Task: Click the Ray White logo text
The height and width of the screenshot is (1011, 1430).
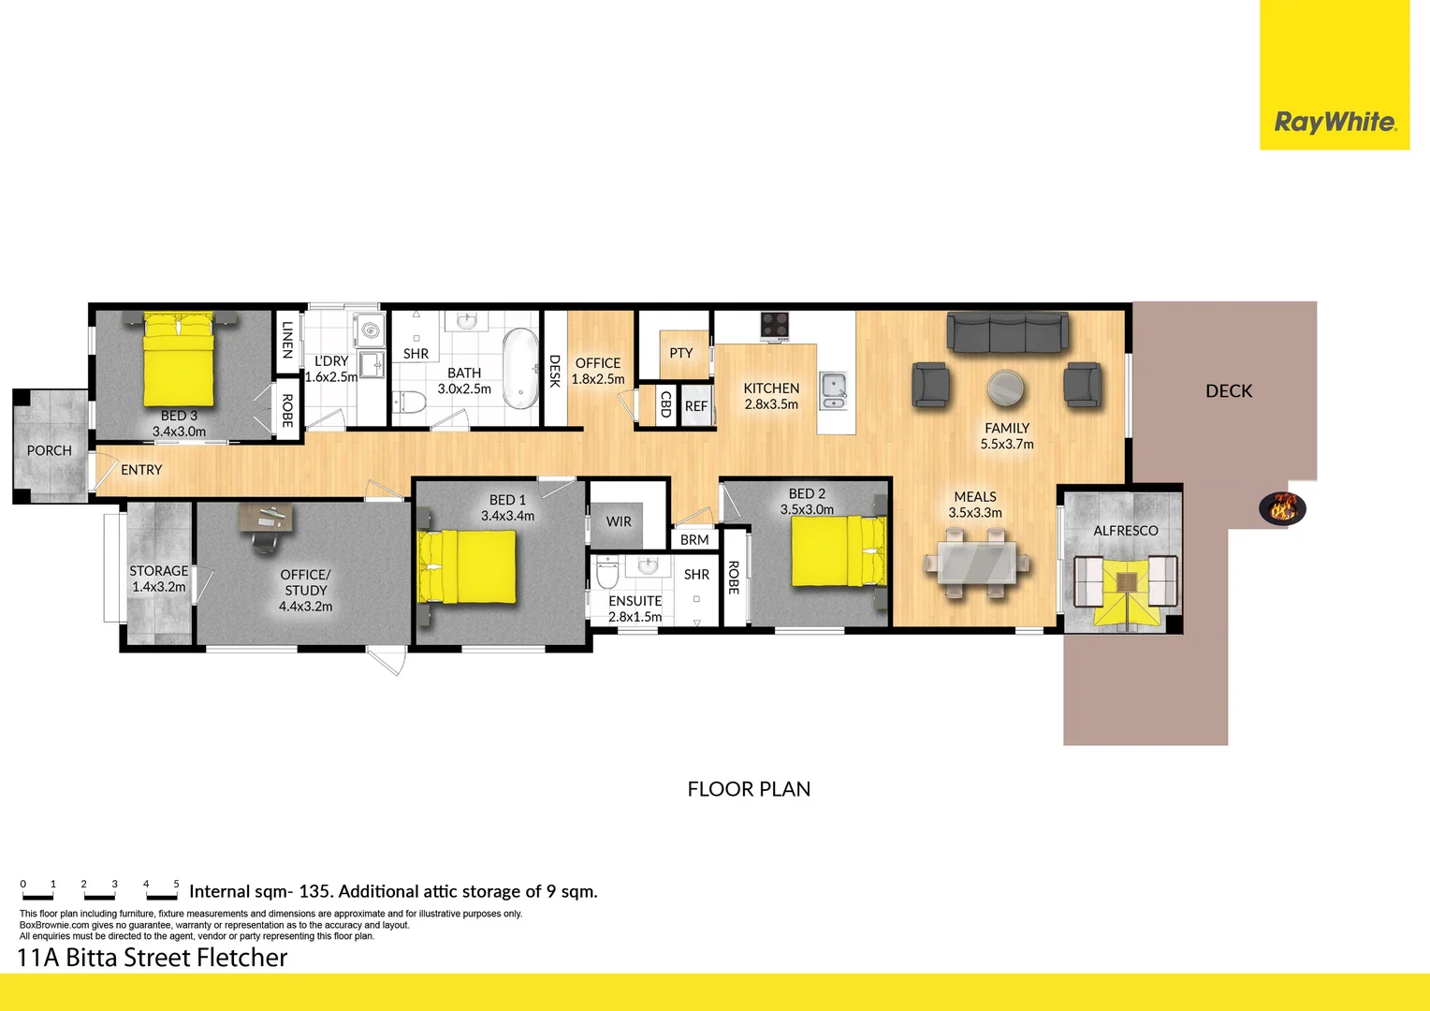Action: tap(1335, 122)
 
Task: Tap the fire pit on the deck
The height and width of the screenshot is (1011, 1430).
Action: tap(1282, 508)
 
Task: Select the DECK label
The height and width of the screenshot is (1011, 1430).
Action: tap(1229, 391)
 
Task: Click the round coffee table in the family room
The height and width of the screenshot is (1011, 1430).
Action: tap(1005, 388)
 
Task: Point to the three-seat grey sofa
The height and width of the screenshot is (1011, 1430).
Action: tap(1007, 331)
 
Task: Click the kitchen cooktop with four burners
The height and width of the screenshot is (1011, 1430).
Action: tap(774, 325)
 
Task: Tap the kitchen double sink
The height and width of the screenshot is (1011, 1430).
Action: tap(834, 390)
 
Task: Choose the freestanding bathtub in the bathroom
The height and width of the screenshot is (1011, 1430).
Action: tap(521, 369)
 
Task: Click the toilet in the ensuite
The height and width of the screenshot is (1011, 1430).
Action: tap(607, 572)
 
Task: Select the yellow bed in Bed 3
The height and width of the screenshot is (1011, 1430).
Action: tap(178, 359)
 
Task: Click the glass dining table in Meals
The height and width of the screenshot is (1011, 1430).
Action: tap(977, 563)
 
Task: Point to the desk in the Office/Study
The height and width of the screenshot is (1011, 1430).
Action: tap(266, 518)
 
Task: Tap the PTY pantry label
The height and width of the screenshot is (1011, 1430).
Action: tap(681, 353)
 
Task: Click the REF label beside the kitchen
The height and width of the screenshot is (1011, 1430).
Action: tap(696, 406)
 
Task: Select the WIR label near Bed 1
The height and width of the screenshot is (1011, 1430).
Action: tap(619, 521)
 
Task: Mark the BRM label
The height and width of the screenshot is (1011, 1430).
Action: tap(693, 540)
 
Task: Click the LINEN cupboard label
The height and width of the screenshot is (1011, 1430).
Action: tap(287, 340)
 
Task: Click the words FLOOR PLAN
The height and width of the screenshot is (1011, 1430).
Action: tap(749, 789)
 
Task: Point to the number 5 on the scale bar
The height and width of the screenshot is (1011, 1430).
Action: tap(176, 884)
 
